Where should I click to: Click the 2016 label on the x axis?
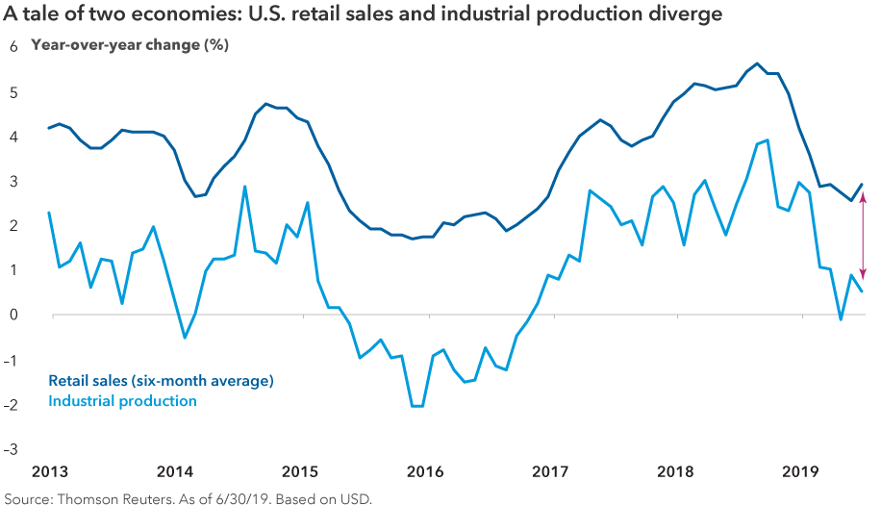pos(424,471)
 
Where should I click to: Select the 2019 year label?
pos(803,471)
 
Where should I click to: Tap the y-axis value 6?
pos(14,47)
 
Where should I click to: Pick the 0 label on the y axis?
pos(14,316)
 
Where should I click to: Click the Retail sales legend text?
pos(161,381)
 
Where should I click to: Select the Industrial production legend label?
pos(122,400)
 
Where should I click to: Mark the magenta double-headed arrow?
pos(862,236)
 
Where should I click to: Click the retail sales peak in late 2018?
pos(757,63)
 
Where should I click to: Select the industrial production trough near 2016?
pos(416,406)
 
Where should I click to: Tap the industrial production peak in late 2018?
pos(767,140)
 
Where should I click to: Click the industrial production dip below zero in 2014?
pos(185,337)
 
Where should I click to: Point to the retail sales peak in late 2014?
pos(265,104)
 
